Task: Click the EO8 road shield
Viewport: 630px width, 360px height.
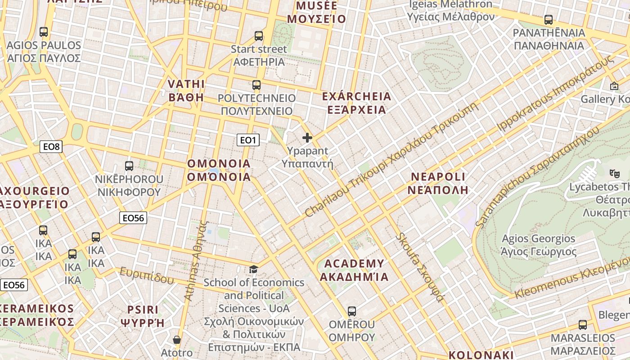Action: [x=51, y=146]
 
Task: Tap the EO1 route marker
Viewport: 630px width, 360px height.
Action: [x=248, y=140]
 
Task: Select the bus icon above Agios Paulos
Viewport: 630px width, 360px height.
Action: [x=44, y=32]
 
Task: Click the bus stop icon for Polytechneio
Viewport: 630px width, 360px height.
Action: [x=256, y=85]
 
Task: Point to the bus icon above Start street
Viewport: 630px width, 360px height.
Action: [x=259, y=36]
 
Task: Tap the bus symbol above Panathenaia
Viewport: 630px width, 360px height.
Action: [x=549, y=20]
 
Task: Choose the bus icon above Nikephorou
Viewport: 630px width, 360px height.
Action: [x=129, y=166]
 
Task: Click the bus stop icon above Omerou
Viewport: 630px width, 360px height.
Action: [x=352, y=311]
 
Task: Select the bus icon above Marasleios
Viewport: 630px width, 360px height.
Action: [x=583, y=324]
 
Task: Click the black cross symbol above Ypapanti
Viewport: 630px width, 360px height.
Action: [x=307, y=138]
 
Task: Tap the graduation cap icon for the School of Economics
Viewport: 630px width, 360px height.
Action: [x=254, y=269]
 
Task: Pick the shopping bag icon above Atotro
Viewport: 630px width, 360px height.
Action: [x=177, y=339]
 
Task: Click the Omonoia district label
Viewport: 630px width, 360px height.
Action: [x=219, y=170]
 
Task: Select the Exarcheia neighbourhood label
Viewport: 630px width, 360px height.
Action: [x=357, y=103]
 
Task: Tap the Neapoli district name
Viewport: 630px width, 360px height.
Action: [x=438, y=183]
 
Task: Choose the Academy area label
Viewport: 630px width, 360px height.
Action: [x=354, y=270]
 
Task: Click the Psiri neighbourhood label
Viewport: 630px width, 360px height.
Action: [x=143, y=316]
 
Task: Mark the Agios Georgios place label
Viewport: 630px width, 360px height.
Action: [x=539, y=245]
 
